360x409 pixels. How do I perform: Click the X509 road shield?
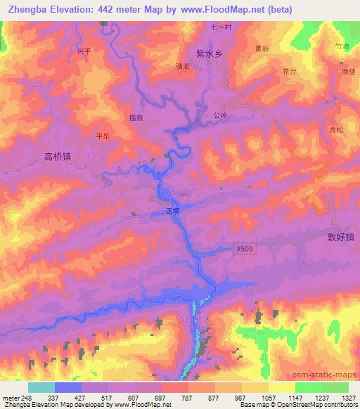[243, 248]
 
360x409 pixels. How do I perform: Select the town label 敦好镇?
[332, 238]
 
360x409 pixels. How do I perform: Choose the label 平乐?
[103, 138]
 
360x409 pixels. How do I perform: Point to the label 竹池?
[342, 46]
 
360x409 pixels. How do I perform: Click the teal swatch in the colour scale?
[41, 387]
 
